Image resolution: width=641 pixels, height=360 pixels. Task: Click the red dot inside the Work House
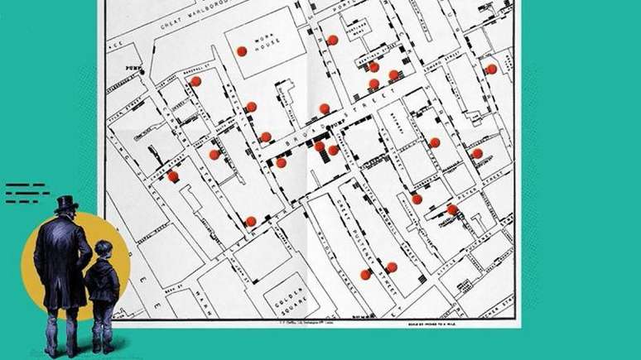(x=242, y=50)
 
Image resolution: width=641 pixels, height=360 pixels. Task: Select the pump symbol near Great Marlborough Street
(x=142, y=73)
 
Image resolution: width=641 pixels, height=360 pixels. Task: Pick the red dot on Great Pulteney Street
(x=365, y=274)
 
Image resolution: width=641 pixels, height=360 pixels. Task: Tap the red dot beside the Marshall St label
(x=195, y=81)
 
